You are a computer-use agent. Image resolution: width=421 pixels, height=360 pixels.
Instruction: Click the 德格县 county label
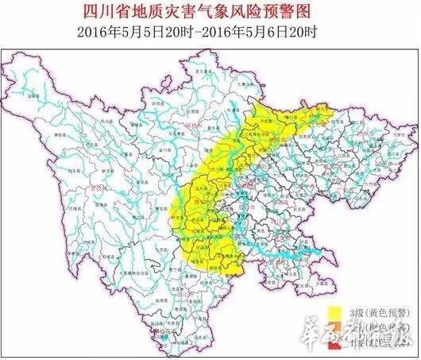(45, 136)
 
